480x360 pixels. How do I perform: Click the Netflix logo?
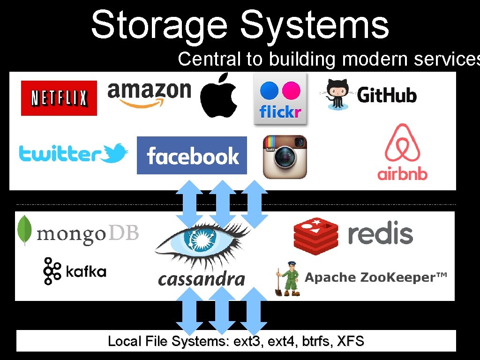(x=59, y=98)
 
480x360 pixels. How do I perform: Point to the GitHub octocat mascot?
(x=336, y=94)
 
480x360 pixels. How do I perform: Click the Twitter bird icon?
(x=116, y=153)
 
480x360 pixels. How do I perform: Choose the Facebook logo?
(x=192, y=155)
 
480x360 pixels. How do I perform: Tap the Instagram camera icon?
(x=285, y=157)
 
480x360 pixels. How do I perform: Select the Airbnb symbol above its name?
(x=402, y=143)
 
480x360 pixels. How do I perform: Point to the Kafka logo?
(x=75, y=271)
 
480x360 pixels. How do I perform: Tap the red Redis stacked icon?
(x=315, y=236)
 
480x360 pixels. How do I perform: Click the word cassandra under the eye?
(x=202, y=279)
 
